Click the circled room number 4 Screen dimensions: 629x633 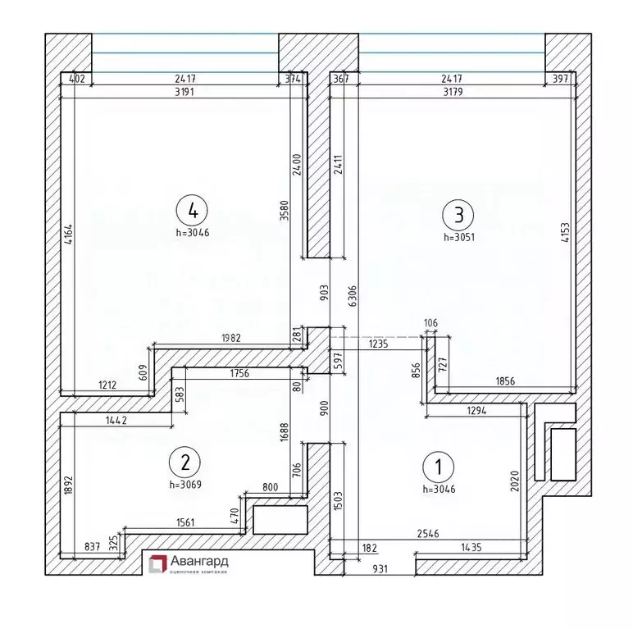[193, 211]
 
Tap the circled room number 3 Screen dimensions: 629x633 [458, 215]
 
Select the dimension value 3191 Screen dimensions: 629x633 [184, 92]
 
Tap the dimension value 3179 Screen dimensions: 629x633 [453, 92]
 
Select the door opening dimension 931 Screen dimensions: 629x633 [380, 568]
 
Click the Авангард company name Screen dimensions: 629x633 [200, 562]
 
